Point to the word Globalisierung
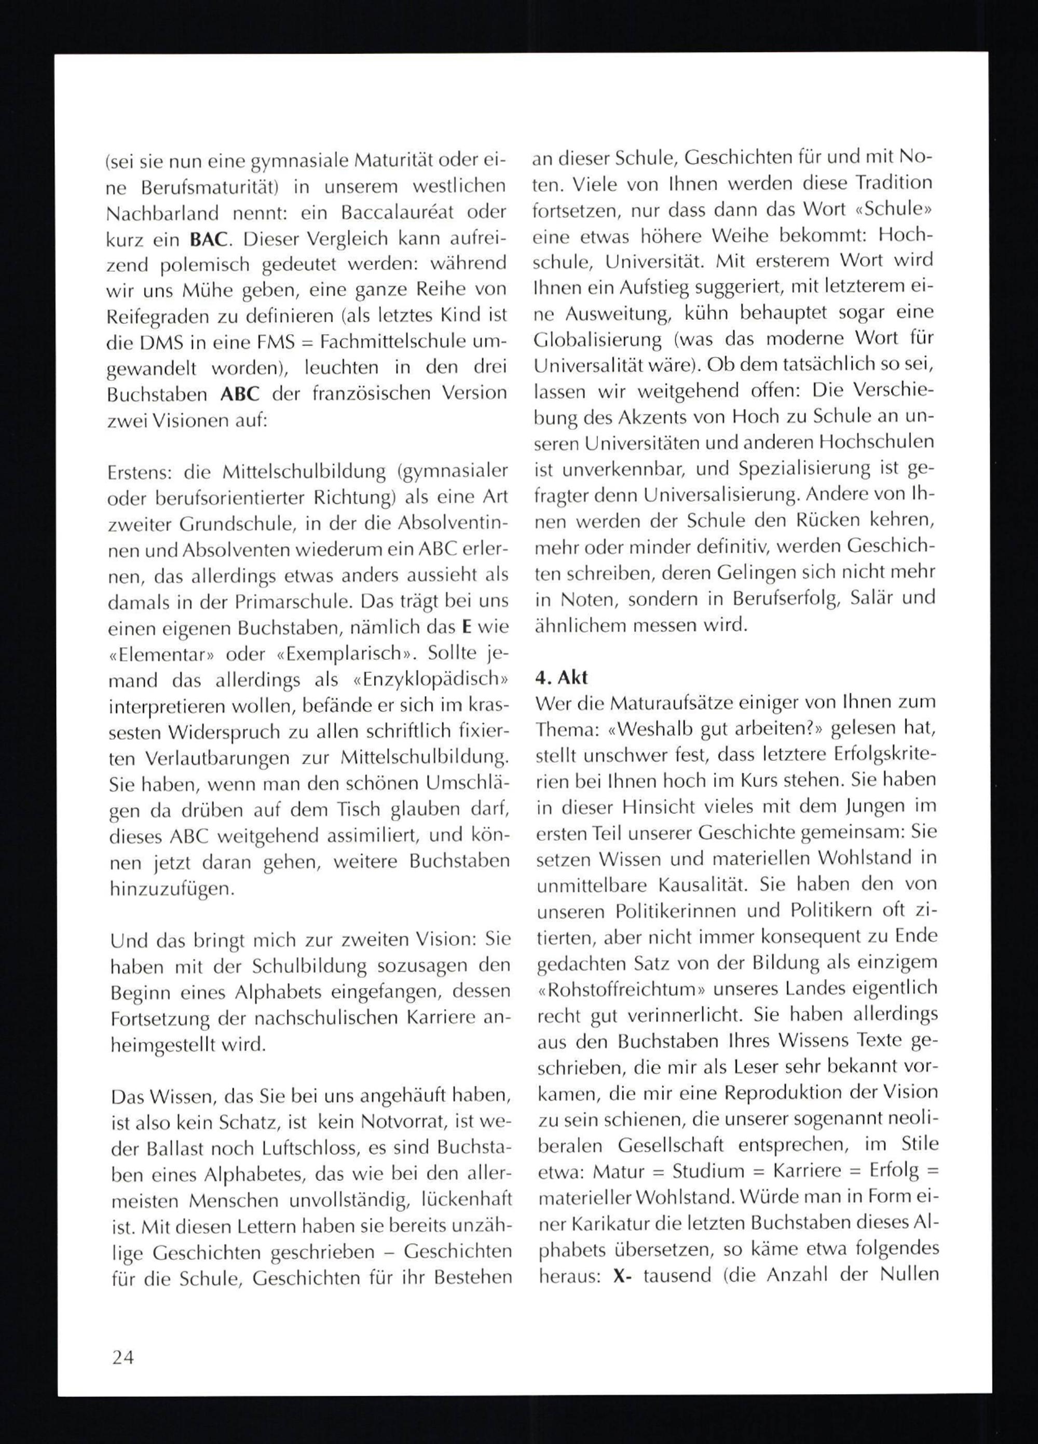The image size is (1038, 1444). pos(598,339)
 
